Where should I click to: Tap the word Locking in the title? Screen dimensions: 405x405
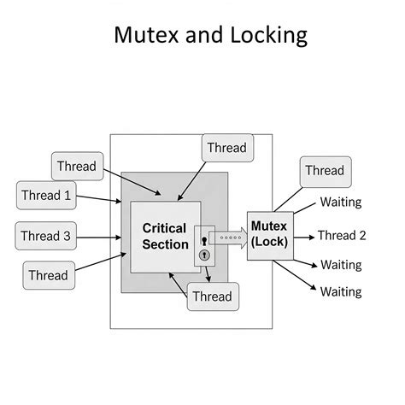pos(265,36)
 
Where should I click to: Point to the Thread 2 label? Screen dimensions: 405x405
pos(342,236)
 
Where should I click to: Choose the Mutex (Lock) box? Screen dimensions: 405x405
pos(270,235)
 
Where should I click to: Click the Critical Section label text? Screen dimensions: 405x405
pos(165,236)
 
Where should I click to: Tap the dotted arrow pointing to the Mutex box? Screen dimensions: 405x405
pos(228,236)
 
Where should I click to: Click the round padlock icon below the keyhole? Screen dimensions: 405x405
pos(204,255)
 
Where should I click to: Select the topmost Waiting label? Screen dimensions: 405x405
pos(341,202)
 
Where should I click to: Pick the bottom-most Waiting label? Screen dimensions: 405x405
pos(341,292)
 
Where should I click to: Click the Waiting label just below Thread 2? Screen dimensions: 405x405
pos(341,265)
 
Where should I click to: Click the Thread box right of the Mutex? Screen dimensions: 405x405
pos(325,170)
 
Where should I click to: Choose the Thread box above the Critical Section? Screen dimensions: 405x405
pos(226,148)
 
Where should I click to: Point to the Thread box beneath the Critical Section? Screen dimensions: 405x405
pos(212,296)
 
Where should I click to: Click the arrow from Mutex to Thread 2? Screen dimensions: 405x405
pos(303,236)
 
